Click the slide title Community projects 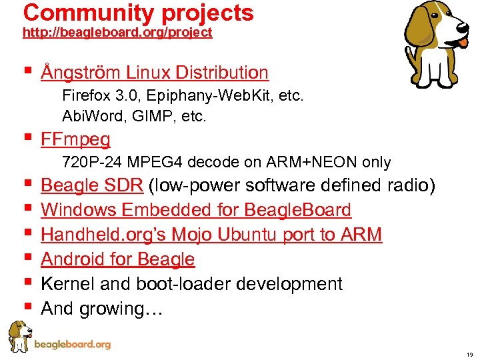click(x=138, y=13)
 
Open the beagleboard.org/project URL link click(x=117, y=33)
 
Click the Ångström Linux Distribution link click(x=155, y=72)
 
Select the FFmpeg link click(x=75, y=139)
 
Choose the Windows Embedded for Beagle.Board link click(x=196, y=209)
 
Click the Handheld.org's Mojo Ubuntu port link click(x=211, y=234)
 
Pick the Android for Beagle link click(x=118, y=259)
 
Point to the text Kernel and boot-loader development click(x=191, y=283)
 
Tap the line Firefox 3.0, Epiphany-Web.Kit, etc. click(x=183, y=96)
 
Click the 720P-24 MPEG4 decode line click(x=226, y=162)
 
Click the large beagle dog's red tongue click(x=463, y=42)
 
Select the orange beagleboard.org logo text click(x=72, y=345)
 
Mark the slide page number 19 click(x=469, y=355)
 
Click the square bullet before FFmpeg click(x=27, y=139)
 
